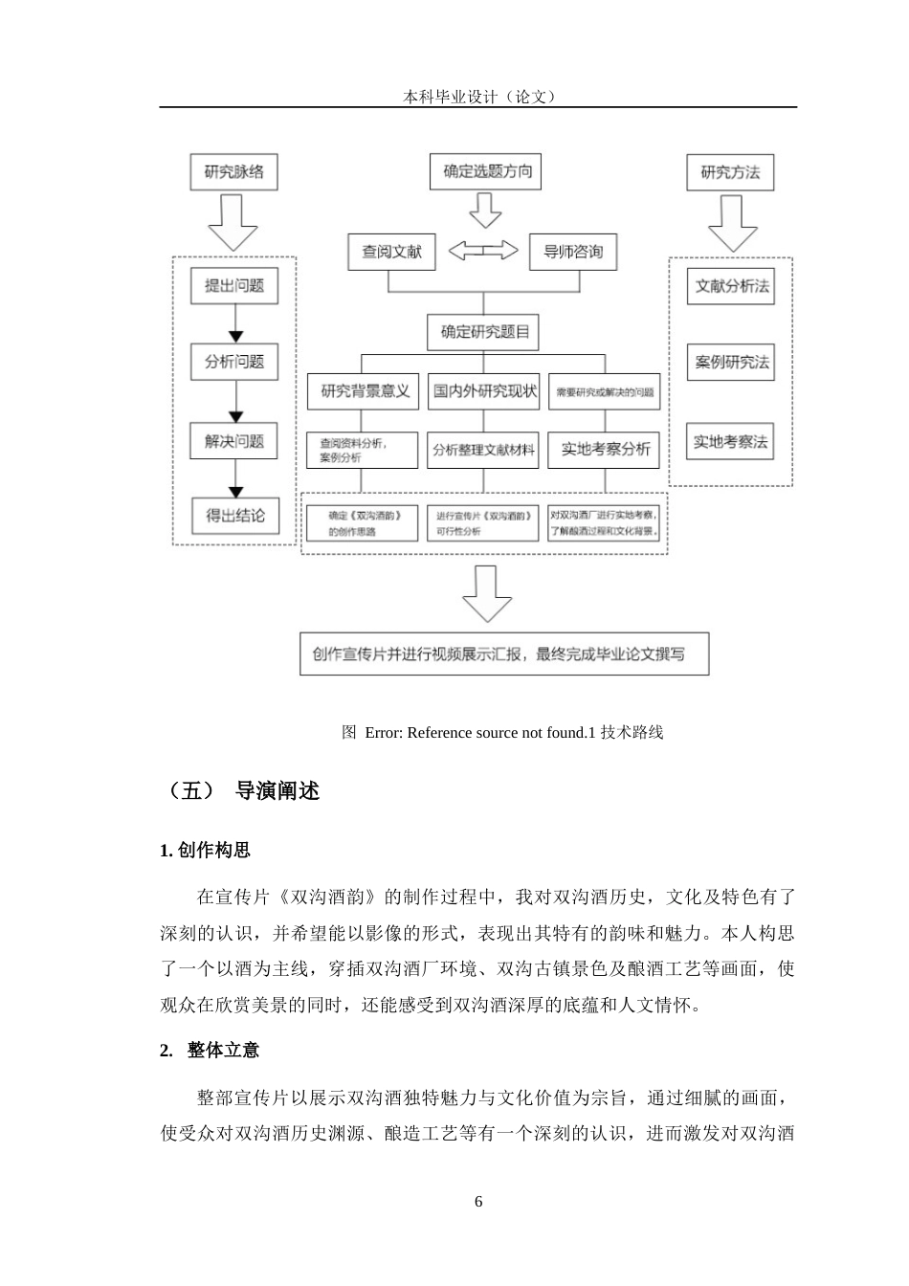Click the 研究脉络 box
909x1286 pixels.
234,172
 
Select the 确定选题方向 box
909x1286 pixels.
486,171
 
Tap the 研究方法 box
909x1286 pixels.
730,172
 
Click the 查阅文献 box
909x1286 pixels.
390,252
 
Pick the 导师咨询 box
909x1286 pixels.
573,252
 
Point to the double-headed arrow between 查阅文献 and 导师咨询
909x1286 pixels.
483,251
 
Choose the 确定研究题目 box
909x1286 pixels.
484,332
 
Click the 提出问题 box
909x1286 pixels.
234,285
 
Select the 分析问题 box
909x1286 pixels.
234,363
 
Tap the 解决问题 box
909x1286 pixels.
234,441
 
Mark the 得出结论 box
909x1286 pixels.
234,516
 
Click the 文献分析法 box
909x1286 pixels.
731,285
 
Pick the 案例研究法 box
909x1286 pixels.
731,363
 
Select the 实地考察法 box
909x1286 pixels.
731,441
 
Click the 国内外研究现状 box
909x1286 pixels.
484,391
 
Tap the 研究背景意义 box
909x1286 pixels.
364,391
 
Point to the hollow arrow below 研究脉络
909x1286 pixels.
234,223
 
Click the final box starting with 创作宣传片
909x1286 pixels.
504,654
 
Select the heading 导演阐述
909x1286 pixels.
277,791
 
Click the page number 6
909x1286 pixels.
478,1202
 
